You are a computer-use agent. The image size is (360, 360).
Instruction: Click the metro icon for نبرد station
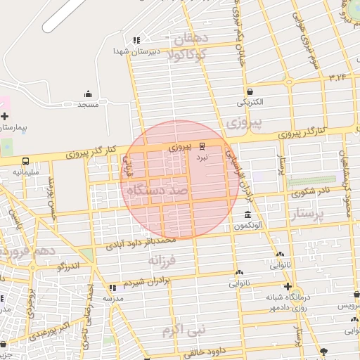pos(202,146)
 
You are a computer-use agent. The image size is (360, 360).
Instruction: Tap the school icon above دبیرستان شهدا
pos(136,40)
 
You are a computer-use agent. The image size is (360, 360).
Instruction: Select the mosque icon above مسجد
pos(88,94)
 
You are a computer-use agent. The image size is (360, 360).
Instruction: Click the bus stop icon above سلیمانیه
pos(25,161)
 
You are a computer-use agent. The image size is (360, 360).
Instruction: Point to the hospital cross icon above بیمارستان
pos(5,116)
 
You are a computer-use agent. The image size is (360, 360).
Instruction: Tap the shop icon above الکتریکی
pos(250,91)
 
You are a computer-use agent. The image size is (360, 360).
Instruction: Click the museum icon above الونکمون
pos(247,214)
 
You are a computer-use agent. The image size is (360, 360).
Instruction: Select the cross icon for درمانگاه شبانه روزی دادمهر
pos(288,286)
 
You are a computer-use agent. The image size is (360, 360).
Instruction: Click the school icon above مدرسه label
pos(112,288)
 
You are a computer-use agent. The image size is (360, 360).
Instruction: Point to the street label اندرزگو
pos(70,266)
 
